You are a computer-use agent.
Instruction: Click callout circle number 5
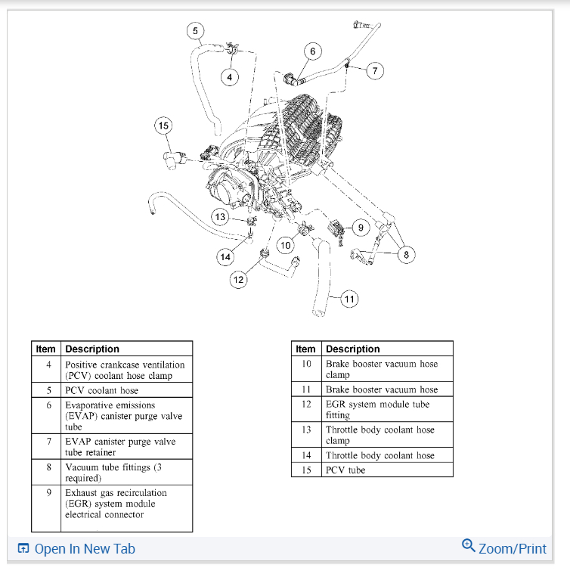196,31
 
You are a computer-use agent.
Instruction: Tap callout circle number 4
231,76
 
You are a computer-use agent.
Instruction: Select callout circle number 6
313,51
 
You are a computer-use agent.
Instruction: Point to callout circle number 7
375,71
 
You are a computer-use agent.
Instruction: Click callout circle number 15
164,126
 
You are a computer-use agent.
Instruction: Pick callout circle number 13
220,217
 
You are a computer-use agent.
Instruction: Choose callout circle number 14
225,257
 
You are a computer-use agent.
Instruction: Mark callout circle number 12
239,280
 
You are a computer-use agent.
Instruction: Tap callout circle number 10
285,245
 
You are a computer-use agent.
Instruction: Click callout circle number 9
361,226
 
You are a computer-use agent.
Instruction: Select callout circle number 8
407,254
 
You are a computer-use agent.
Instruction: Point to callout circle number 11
349,299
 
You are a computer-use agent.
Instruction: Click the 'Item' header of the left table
46,349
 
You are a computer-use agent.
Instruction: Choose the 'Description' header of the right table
353,349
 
